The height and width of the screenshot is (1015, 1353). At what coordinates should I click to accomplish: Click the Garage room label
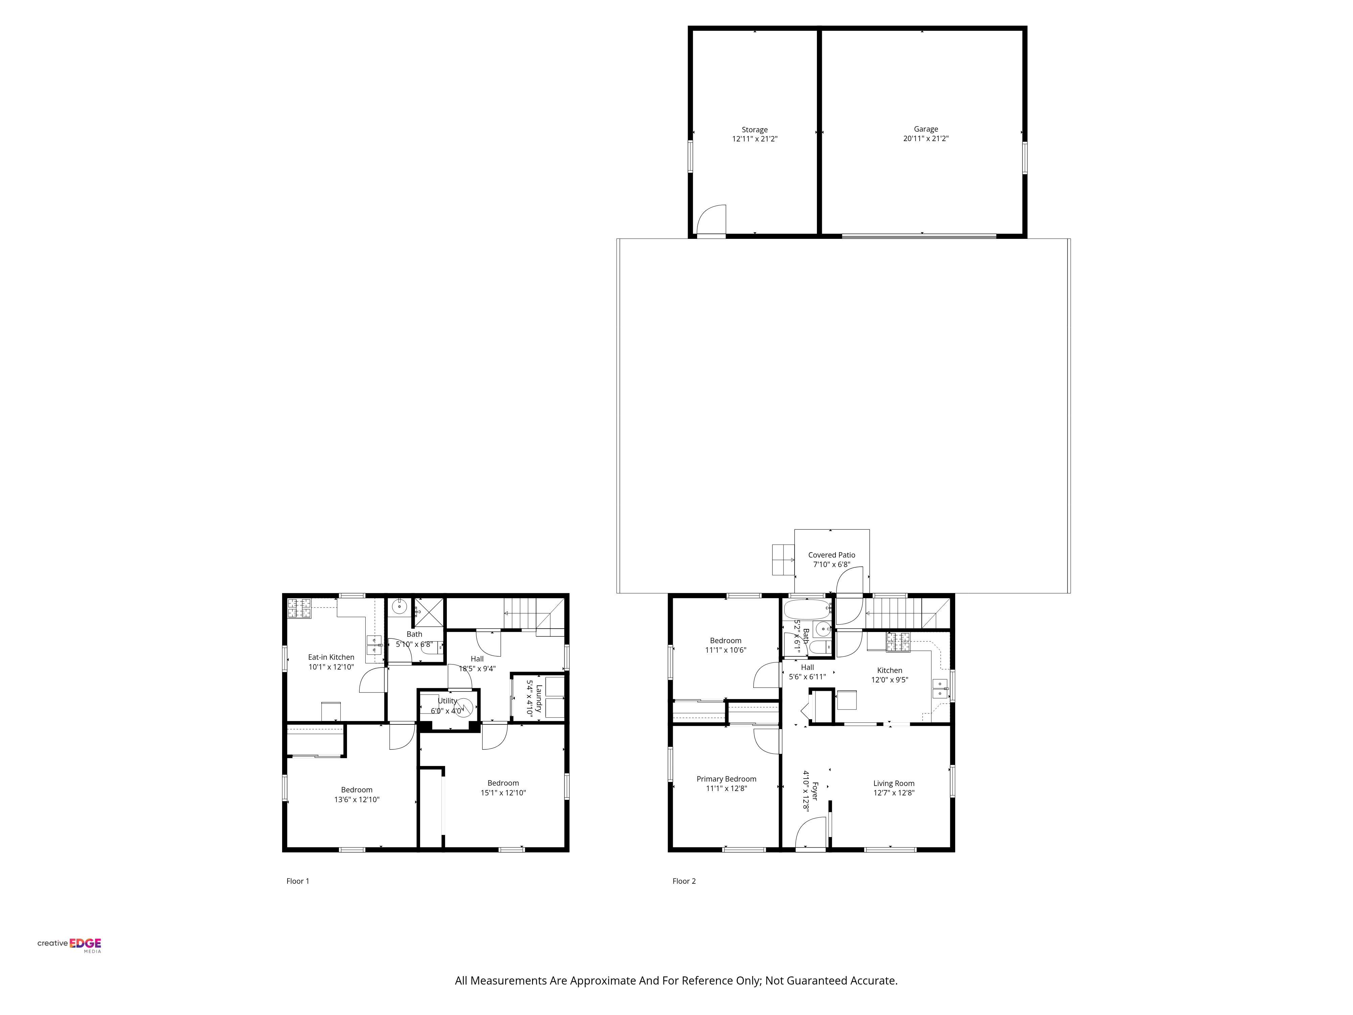click(925, 129)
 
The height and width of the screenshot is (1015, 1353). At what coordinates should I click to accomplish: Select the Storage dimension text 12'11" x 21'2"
click(755, 139)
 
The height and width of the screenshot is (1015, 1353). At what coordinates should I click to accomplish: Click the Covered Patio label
click(831, 555)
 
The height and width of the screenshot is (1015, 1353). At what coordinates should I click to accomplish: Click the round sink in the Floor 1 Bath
click(399, 607)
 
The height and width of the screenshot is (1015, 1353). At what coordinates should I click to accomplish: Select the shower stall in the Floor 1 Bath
click(429, 612)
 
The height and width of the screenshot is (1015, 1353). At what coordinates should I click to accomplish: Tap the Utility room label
click(447, 701)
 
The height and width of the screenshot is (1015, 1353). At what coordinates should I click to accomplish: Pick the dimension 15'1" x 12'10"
click(503, 793)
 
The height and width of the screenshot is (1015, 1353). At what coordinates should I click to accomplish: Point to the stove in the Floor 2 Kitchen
click(898, 642)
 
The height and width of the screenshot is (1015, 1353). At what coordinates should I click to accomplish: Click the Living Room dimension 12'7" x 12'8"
click(894, 793)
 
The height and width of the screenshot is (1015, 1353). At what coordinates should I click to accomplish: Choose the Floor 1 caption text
click(298, 881)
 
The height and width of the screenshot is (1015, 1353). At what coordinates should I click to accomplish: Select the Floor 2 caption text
click(684, 881)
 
